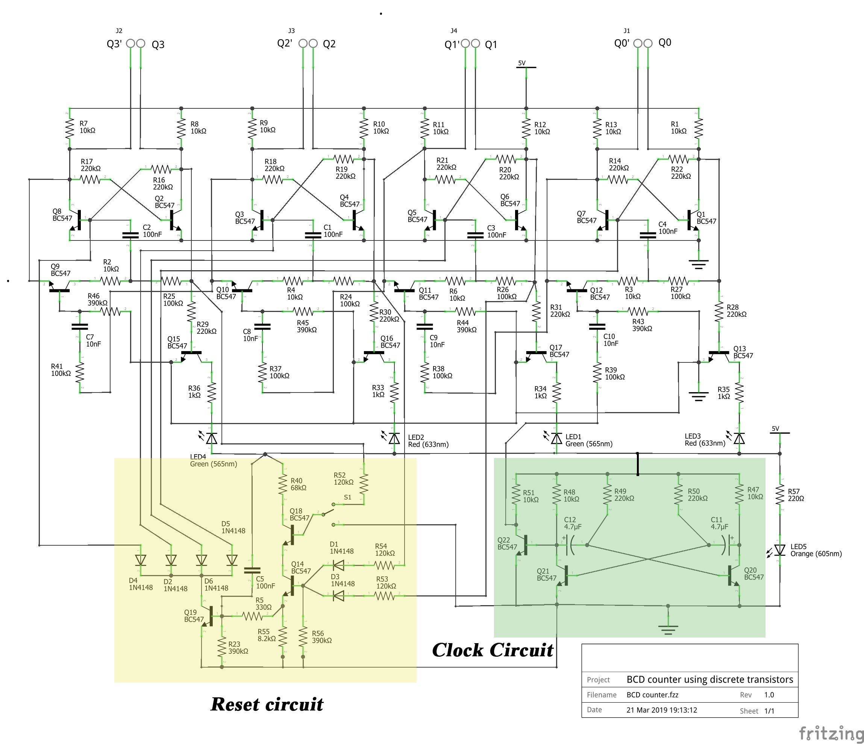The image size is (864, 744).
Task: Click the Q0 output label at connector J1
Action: click(x=665, y=43)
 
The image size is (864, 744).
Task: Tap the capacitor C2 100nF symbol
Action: click(x=130, y=235)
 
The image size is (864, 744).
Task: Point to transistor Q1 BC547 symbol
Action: click(x=691, y=220)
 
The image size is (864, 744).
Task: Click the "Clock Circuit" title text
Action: click(x=493, y=651)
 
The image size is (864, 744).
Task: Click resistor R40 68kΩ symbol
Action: click(x=283, y=484)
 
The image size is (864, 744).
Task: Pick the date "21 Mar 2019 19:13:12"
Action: click(x=661, y=710)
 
